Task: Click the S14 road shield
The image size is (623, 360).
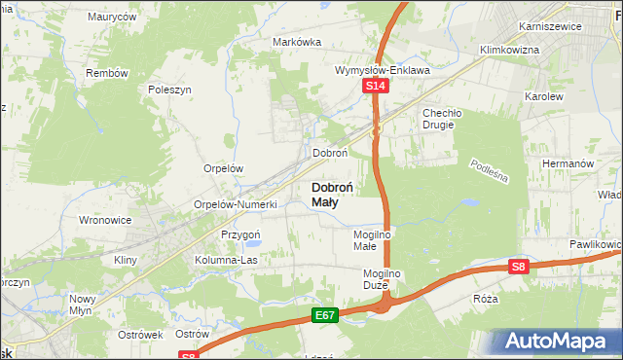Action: [378, 88]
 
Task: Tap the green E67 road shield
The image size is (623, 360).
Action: [326, 316]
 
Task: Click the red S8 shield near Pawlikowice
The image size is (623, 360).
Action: [520, 266]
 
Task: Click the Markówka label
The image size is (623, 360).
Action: [297, 42]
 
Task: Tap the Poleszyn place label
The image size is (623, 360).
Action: [168, 89]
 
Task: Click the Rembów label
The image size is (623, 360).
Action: [107, 74]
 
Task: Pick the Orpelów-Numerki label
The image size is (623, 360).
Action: [236, 205]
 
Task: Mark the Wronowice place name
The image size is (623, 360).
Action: [105, 220]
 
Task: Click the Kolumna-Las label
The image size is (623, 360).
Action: [227, 261]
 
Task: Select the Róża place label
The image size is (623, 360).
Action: [485, 299]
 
